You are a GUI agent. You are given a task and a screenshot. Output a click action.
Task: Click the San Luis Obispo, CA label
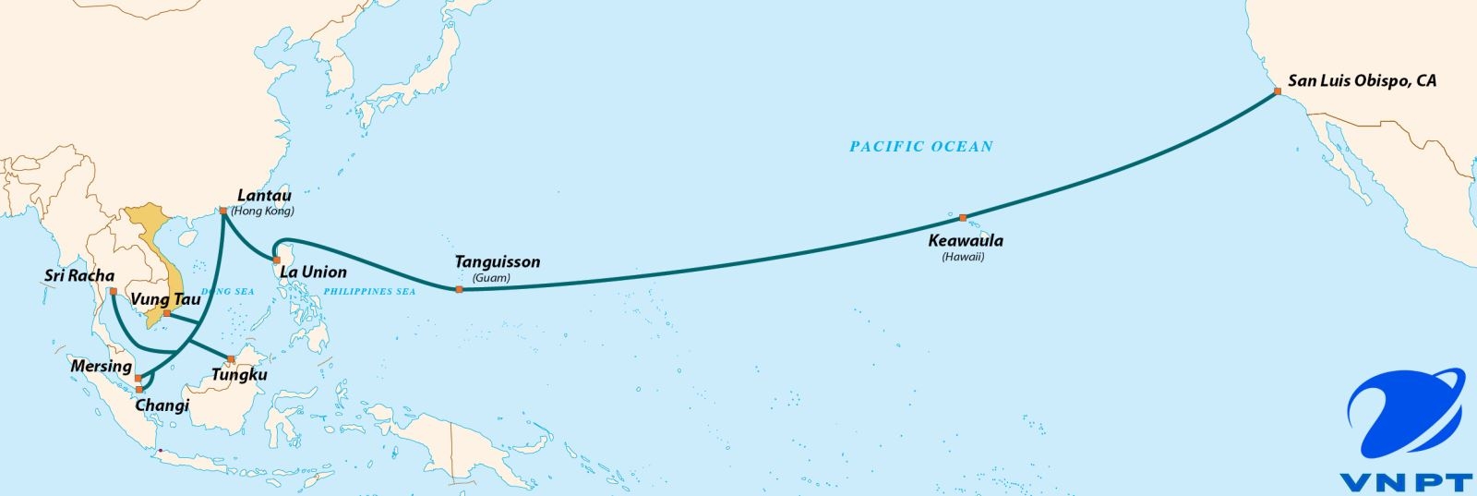tap(1362, 81)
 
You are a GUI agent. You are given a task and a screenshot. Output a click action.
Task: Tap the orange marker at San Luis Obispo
tap(1277, 91)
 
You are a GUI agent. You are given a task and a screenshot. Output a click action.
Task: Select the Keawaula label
tap(965, 241)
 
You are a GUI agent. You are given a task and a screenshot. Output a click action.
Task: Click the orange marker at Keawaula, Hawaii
tap(963, 218)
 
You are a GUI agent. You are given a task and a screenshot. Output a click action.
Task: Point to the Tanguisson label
tap(497, 262)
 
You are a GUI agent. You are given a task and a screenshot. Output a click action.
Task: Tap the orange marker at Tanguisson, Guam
tap(459, 290)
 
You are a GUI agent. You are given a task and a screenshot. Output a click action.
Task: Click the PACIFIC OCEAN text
tap(921, 146)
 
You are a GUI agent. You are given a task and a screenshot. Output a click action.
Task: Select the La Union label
tap(313, 272)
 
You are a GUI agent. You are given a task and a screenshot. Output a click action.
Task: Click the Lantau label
tap(264, 196)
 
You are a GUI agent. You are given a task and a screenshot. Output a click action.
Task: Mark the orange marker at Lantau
tap(223, 212)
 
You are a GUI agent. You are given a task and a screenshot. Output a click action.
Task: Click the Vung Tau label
tap(165, 299)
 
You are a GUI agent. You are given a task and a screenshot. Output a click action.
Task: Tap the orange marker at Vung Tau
tap(166, 313)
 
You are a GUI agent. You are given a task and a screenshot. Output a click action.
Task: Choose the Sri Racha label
tap(79, 276)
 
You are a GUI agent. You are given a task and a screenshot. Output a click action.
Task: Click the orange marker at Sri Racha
tap(113, 292)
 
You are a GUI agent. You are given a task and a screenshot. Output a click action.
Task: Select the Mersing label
tap(101, 367)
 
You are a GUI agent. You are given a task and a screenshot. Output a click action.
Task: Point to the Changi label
tap(162, 405)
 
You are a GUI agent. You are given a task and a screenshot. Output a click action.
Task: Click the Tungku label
tap(239, 375)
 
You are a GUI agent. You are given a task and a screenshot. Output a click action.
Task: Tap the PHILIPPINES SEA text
tap(369, 292)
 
